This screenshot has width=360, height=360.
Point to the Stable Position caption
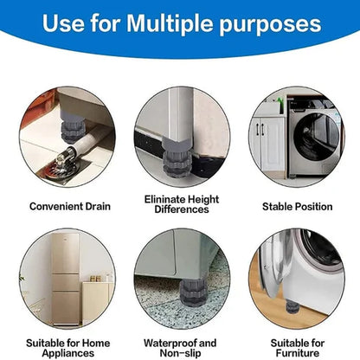pos(297,207)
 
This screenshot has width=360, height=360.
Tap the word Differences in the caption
pos(182,209)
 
